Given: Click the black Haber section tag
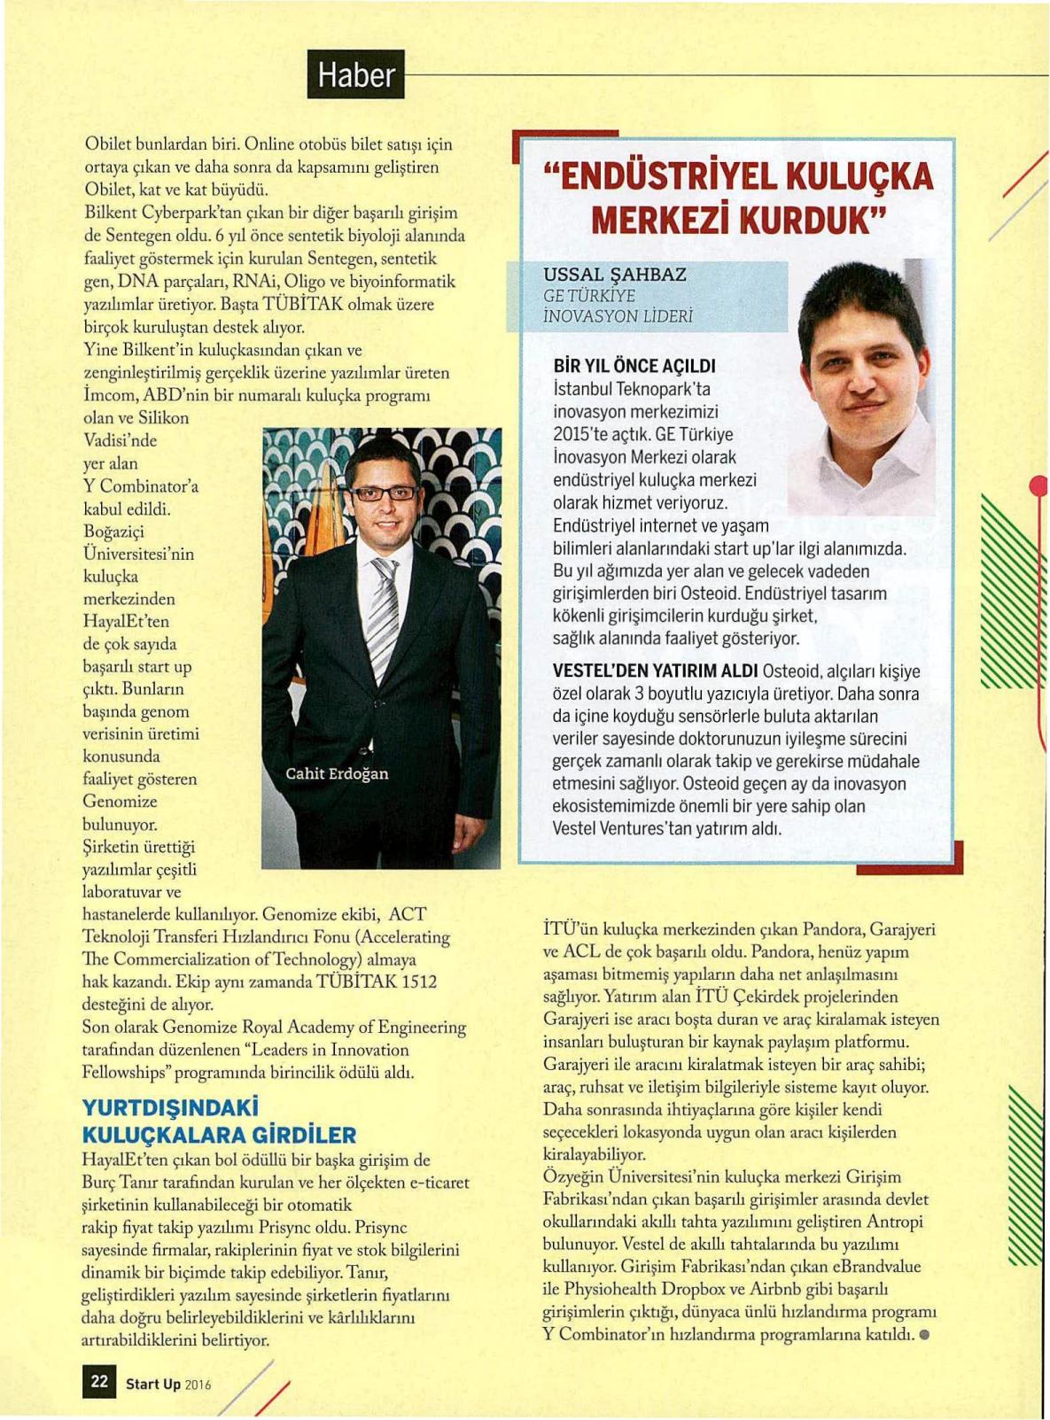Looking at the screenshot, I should pos(355,74).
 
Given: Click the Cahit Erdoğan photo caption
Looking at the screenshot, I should pos(337,773).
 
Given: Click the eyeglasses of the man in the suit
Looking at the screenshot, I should pos(385,493).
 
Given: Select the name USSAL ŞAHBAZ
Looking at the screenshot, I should pos(615,275).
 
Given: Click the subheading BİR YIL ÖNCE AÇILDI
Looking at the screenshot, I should pos(634,366).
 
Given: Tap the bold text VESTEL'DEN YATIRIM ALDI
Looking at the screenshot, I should pos(655,671).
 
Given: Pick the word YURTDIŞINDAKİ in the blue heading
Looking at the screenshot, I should pos(169,1108).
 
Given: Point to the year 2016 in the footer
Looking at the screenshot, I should pos(198,1385).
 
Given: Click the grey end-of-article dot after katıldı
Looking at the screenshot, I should pos(924,1334).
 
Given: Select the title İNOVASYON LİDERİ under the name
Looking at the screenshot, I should pos(618,316).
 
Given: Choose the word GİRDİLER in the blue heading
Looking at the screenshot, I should pos(304,1135).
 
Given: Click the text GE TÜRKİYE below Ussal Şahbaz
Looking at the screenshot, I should pos(589,296).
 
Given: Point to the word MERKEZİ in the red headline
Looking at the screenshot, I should pos(661,220).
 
